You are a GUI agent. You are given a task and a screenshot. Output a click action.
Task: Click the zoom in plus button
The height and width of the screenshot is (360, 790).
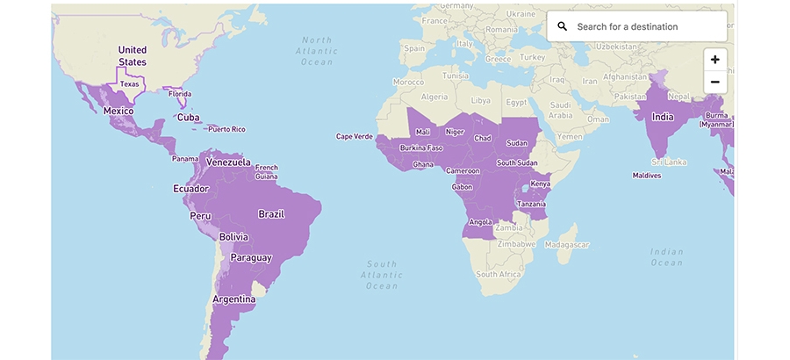(x=715, y=60)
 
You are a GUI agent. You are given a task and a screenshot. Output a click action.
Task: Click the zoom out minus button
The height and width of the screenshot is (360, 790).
(x=715, y=82)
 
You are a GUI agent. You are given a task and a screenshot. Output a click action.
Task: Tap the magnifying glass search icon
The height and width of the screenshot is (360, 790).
(x=563, y=26)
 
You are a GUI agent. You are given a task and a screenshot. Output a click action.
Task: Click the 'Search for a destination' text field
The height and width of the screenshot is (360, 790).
(x=645, y=26)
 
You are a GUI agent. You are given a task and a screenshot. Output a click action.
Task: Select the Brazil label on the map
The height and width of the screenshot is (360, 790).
(x=271, y=214)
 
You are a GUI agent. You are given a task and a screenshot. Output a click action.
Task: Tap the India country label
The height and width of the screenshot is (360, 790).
(x=663, y=117)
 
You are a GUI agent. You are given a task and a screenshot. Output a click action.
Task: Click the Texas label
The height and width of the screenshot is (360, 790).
(x=130, y=84)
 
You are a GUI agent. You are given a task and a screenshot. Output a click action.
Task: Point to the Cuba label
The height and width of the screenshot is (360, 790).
(x=189, y=118)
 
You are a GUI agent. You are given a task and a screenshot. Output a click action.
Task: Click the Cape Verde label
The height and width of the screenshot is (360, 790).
(x=356, y=136)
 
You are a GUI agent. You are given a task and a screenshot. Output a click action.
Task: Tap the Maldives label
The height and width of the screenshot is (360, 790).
(x=646, y=176)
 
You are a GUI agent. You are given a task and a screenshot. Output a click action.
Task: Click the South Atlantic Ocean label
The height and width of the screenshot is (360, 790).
(x=382, y=275)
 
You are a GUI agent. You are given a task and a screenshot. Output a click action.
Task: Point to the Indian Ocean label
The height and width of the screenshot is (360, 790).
(x=666, y=257)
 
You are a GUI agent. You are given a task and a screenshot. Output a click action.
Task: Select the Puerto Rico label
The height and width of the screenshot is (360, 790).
(x=226, y=129)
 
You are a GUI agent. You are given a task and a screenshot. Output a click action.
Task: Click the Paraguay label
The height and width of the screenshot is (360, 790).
(x=250, y=257)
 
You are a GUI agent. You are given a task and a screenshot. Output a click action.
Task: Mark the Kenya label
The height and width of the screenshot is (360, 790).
(x=541, y=184)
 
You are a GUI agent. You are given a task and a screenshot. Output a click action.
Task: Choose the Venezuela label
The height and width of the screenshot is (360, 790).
(x=228, y=162)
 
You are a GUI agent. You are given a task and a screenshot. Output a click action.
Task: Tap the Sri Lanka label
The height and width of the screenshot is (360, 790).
(x=668, y=162)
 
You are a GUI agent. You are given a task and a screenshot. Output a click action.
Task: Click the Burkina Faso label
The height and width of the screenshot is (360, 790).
(x=421, y=148)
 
